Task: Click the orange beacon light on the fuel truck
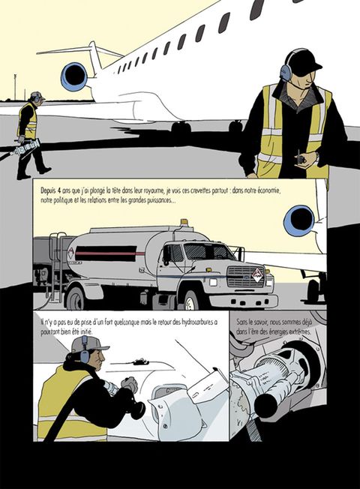(184, 222)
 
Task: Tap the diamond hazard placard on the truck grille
(258, 275)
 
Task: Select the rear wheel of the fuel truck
(76, 298)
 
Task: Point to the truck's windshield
(210, 251)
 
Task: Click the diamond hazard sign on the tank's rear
(71, 253)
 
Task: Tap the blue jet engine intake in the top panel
(74, 76)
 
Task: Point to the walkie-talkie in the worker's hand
(301, 157)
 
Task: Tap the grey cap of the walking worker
(37, 95)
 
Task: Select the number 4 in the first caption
(59, 190)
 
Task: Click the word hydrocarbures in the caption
(192, 322)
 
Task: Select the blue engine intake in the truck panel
(298, 220)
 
